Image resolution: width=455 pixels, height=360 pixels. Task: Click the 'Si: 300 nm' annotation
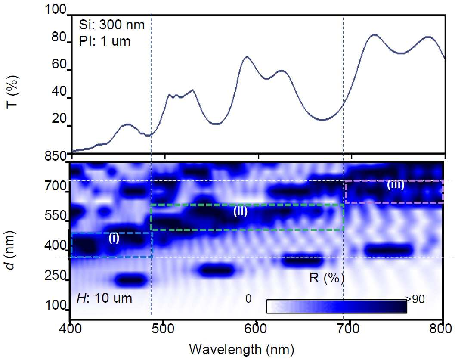click(x=112, y=25)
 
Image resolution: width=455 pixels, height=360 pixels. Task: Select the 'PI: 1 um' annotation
click(x=105, y=41)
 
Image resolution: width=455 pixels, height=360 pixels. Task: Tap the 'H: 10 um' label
click(x=105, y=298)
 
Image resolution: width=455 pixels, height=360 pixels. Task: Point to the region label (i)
click(x=114, y=238)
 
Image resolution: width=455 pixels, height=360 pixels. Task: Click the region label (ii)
click(x=240, y=211)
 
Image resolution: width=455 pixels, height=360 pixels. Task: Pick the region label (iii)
click(x=396, y=185)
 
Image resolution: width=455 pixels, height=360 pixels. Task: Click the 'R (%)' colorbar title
click(x=327, y=278)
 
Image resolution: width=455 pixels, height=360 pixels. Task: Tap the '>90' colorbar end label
click(x=415, y=299)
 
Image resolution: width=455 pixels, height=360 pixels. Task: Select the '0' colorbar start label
click(x=248, y=298)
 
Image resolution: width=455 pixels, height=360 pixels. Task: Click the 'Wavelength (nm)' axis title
click(x=242, y=349)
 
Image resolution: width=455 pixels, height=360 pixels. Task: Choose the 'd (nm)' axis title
click(x=11, y=250)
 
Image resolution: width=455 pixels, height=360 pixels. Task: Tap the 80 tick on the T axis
click(x=59, y=37)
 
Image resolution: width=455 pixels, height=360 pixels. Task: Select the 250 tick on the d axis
click(x=56, y=275)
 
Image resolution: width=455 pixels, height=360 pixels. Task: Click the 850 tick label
click(x=55, y=156)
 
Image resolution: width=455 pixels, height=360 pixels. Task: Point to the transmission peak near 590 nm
click(x=247, y=56)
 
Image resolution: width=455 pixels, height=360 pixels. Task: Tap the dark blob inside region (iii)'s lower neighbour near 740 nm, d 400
click(x=389, y=250)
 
